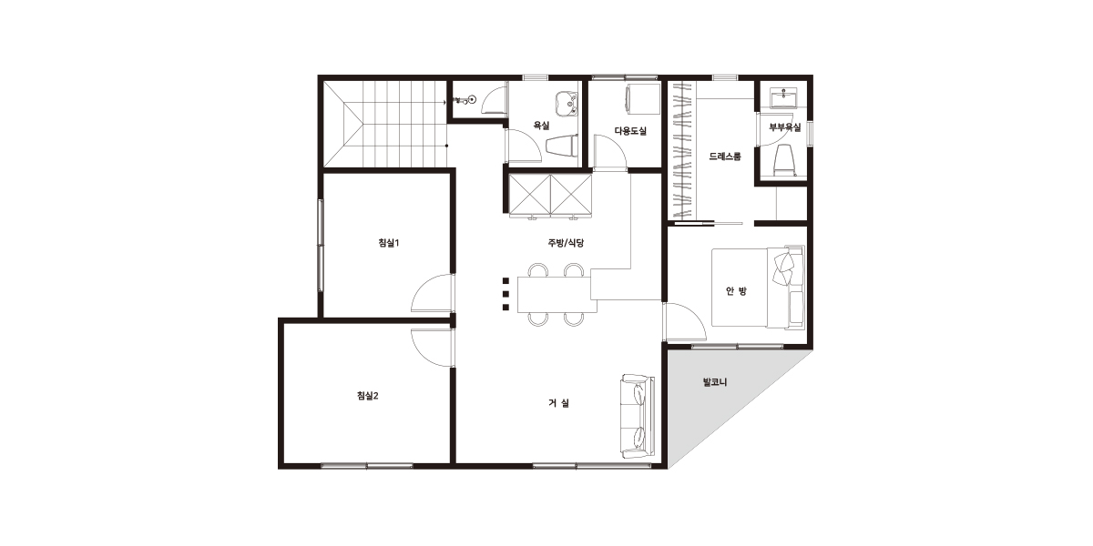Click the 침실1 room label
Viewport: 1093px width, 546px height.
(388, 243)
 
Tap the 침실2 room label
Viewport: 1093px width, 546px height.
(367, 396)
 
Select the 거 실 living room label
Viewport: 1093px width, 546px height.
(558, 403)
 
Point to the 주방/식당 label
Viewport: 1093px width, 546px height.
(566, 243)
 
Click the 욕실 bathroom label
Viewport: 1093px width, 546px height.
(541, 126)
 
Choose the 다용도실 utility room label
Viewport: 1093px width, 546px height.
(630, 131)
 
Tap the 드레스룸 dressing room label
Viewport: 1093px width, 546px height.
(725, 157)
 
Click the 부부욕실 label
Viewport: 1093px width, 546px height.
(784, 127)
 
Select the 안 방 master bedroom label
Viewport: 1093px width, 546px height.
(736, 291)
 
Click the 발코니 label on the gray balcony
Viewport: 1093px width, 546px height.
(715, 382)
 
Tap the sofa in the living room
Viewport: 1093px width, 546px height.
(638, 417)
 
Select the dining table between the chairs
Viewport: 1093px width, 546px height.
(557, 295)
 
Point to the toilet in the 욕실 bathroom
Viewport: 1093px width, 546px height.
(562, 147)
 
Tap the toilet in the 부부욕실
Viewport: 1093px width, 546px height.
(784, 160)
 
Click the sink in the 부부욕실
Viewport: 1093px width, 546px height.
(783, 98)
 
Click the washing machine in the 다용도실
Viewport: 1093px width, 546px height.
(643, 101)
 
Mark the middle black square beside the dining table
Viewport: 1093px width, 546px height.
(506, 294)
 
